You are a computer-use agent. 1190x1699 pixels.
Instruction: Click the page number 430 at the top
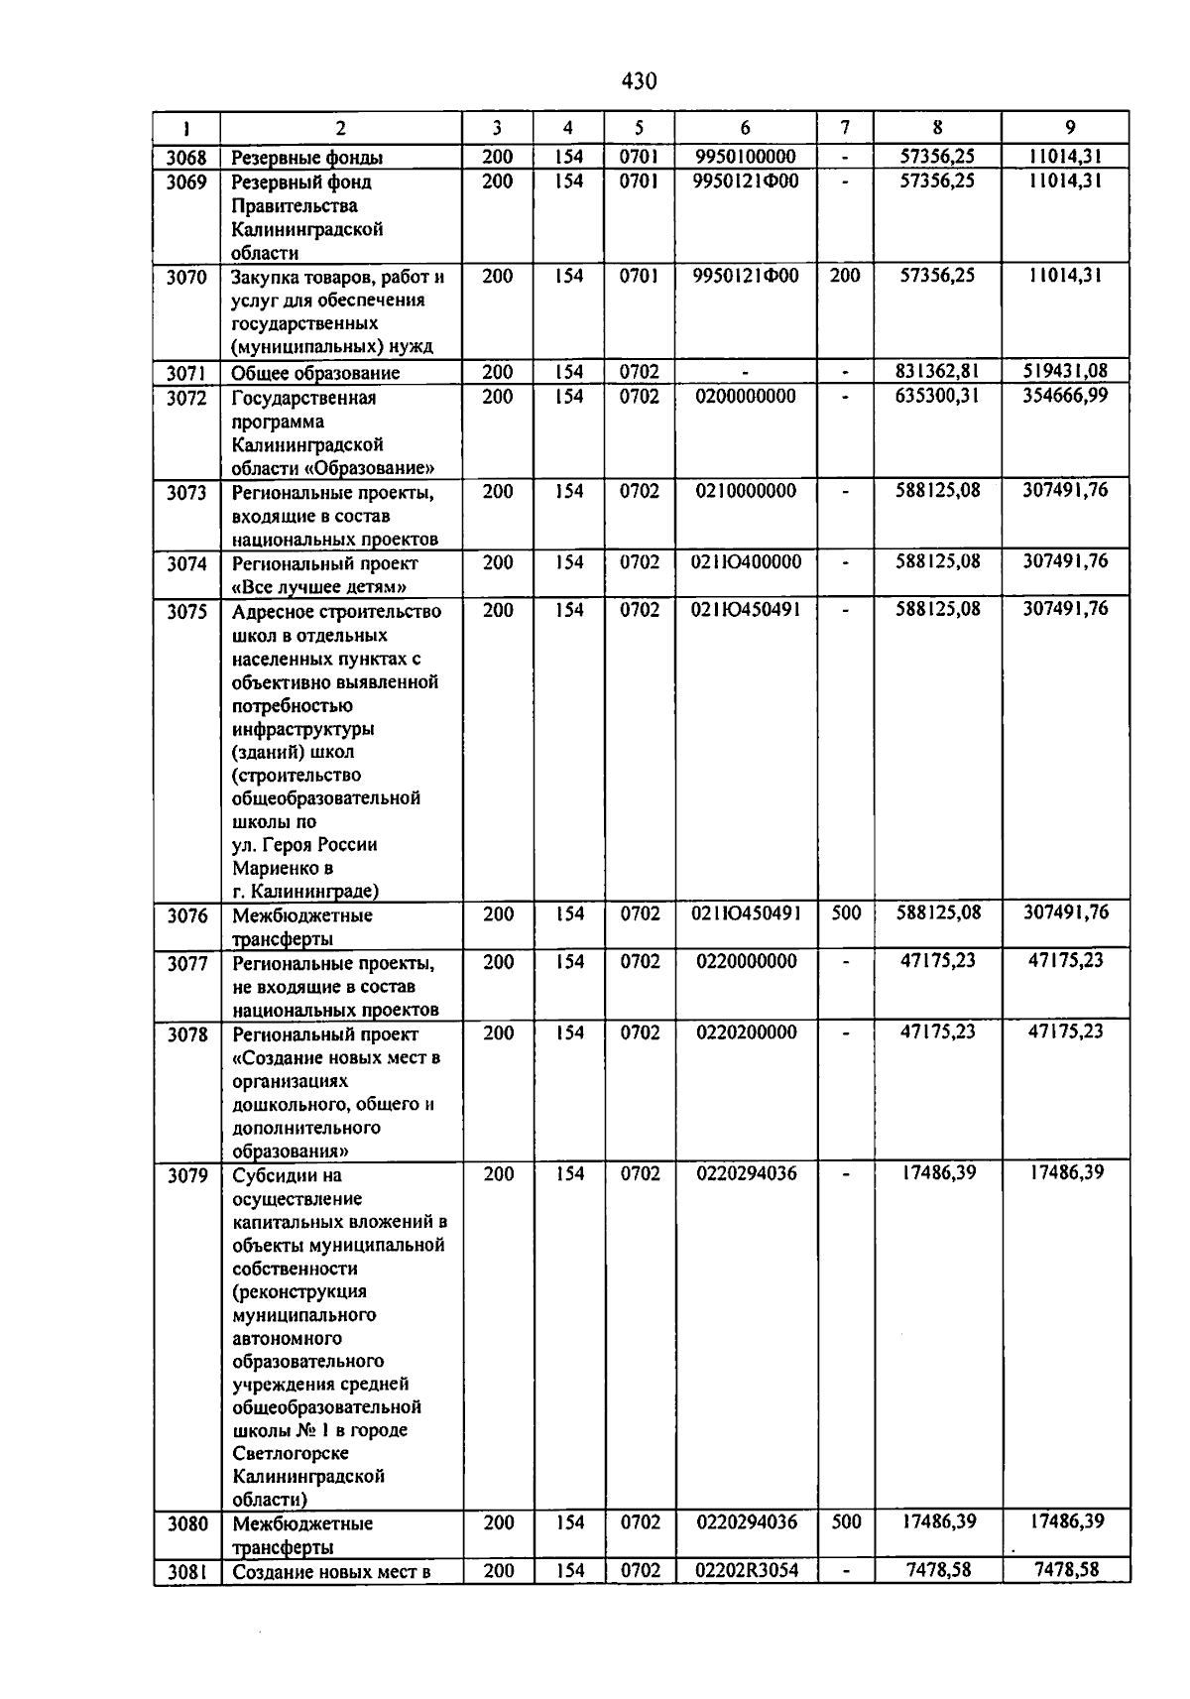point(639,81)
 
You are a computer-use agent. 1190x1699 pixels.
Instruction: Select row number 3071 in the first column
point(186,374)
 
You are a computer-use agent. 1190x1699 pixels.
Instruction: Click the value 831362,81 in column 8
point(937,372)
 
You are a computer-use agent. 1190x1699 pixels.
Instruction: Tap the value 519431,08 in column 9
point(1065,372)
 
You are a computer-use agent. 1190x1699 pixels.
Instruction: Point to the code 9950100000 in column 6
point(746,157)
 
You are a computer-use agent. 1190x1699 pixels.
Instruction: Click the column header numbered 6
point(746,128)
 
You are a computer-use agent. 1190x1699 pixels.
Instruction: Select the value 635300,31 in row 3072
point(937,397)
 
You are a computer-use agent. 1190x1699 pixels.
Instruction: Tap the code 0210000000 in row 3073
point(746,491)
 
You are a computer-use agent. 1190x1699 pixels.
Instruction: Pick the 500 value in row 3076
point(846,913)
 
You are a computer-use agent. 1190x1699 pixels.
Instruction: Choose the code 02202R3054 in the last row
point(746,1570)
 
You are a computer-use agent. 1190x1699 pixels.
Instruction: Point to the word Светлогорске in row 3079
point(291,1453)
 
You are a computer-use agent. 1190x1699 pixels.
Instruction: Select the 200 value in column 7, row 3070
point(845,277)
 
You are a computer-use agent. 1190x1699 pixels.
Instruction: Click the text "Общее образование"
point(315,374)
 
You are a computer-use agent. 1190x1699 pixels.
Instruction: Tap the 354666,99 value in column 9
point(1065,397)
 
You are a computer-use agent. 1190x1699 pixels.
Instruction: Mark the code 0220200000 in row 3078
point(746,1033)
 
